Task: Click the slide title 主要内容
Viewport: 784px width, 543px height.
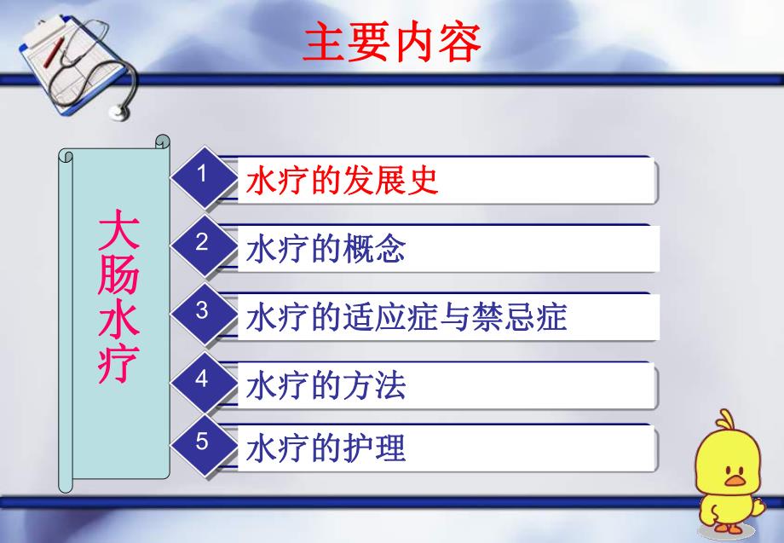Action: pyautogui.click(x=392, y=42)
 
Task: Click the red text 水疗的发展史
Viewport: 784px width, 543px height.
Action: pyautogui.click(x=342, y=181)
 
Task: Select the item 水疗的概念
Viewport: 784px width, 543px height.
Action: pyautogui.click(x=325, y=250)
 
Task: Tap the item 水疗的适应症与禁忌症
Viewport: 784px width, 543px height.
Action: pyautogui.click(x=406, y=318)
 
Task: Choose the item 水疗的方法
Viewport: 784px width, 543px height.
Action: pyautogui.click(x=325, y=386)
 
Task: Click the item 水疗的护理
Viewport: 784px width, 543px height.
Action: pyautogui.click(x=325, y=448)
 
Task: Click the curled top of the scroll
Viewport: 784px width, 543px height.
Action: pyautogui.click(x=162, y=141)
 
